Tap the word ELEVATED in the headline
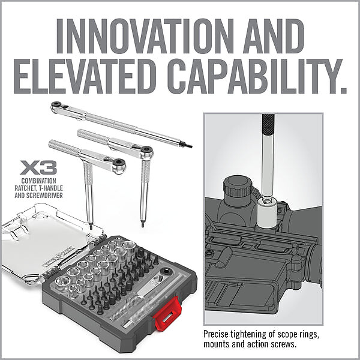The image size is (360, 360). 83,76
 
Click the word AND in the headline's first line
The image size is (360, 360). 273,36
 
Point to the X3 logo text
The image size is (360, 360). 38,167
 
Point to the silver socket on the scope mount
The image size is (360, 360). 266,212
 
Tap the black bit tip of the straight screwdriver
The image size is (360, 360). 188,146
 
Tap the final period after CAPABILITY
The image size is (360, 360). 343,89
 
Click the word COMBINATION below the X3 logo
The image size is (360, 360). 38,181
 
